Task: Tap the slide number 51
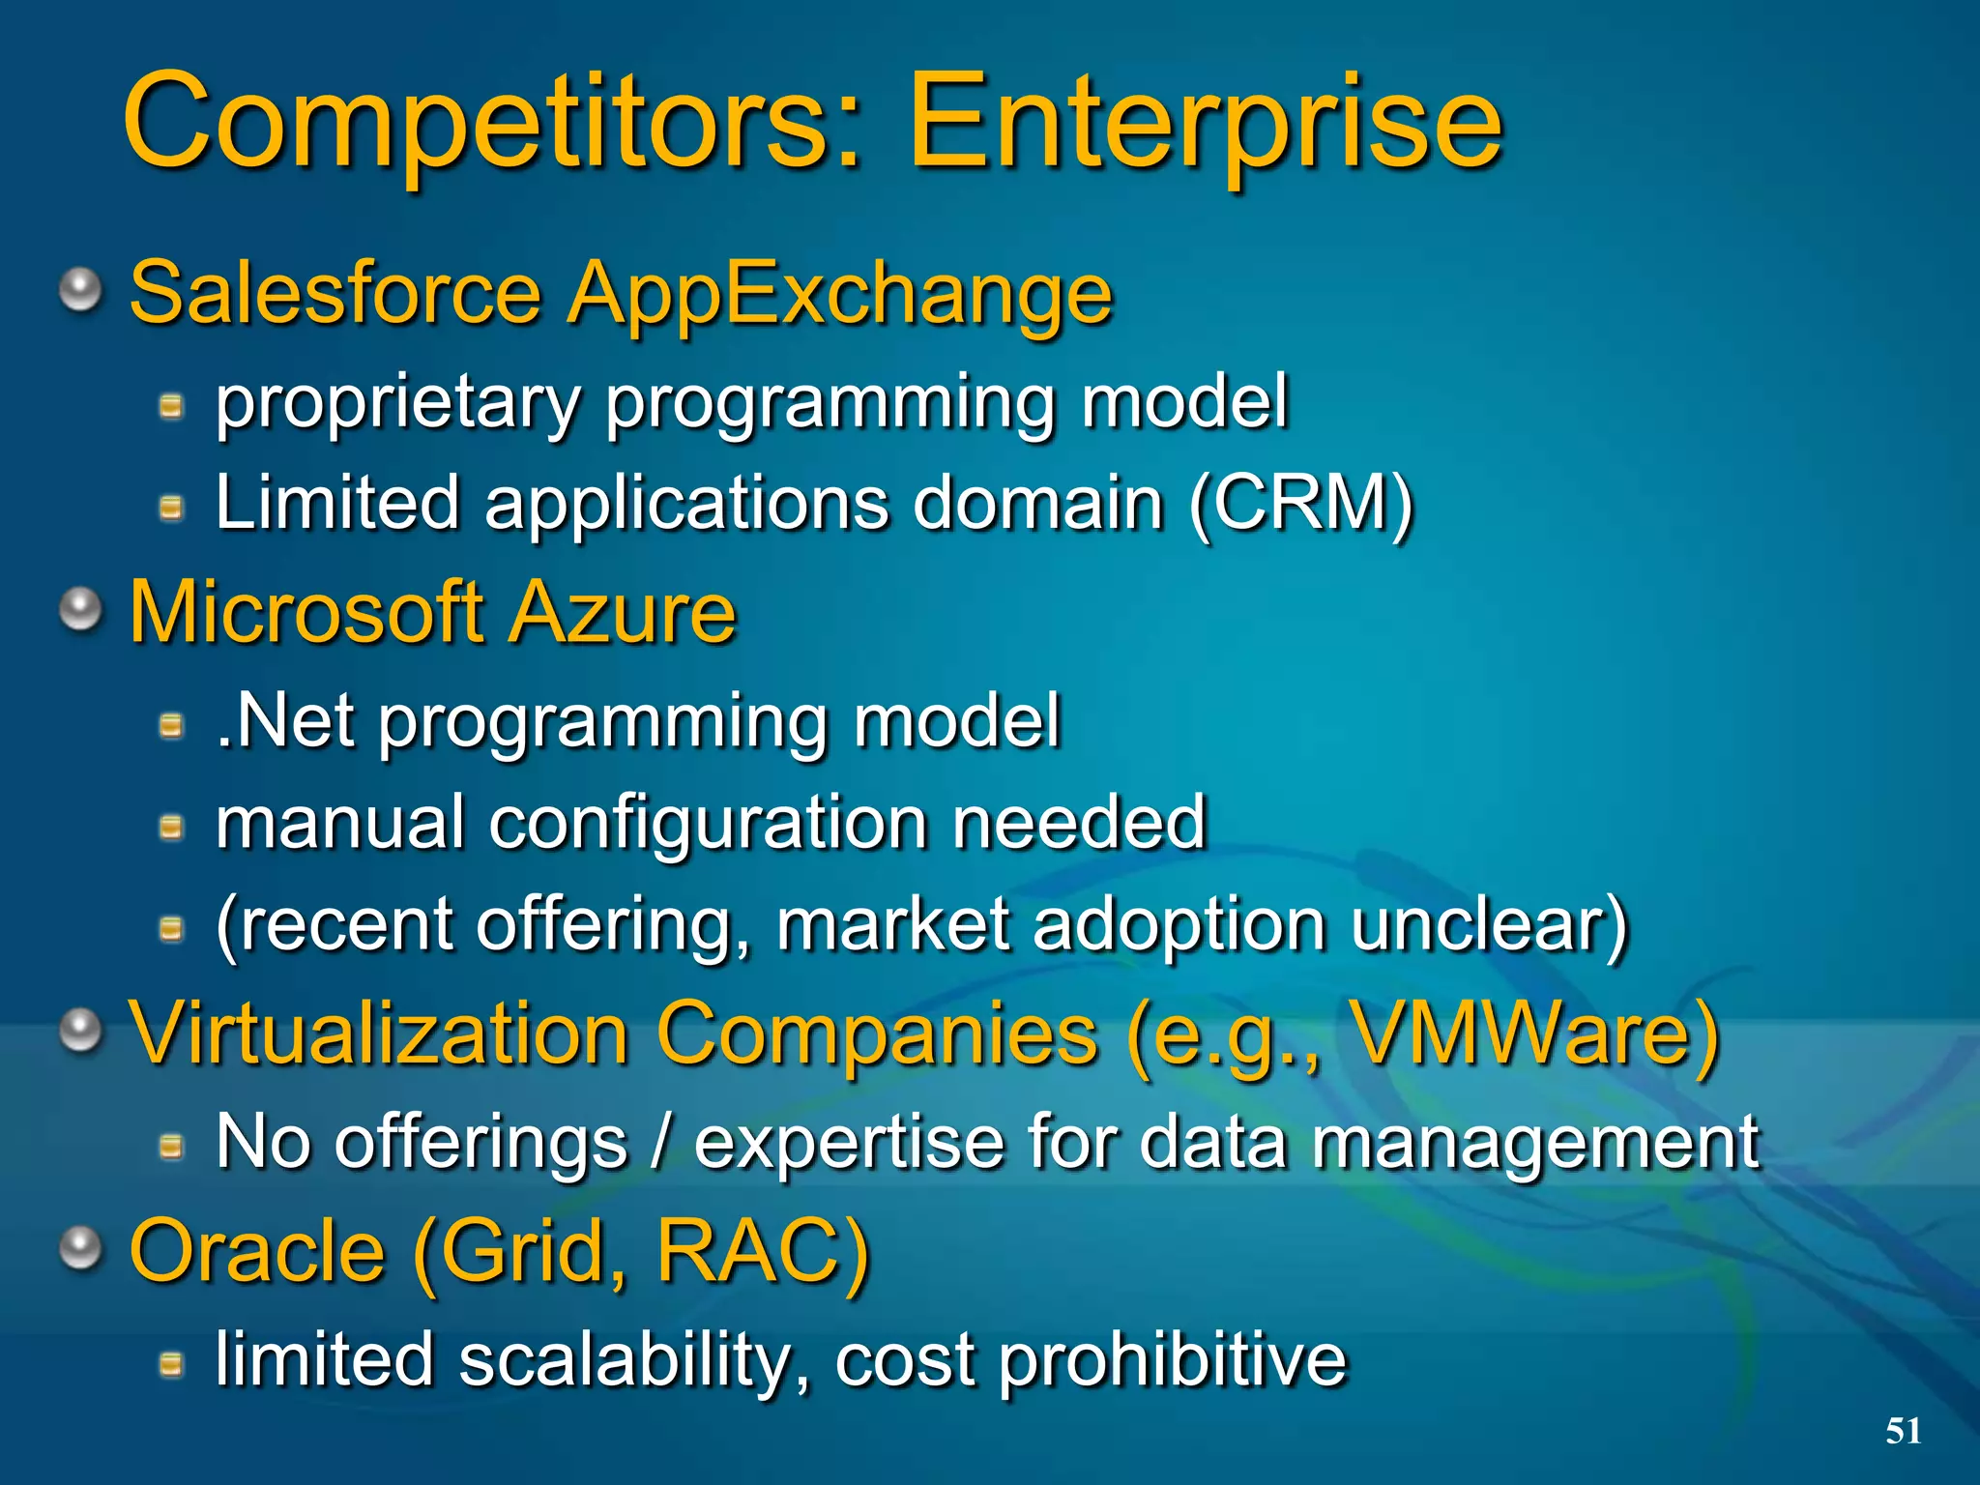tap(1903, 1430)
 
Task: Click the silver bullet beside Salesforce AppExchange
tap(81, 289)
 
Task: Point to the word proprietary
tap(396, 404)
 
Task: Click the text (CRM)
tap(1300, 504)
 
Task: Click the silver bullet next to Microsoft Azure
tap(81, 609)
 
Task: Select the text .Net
tap(284, 721)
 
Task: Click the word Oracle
tap(257, 1251)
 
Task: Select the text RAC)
tap(763, 1251)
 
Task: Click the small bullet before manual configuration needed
tap(171, 827)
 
